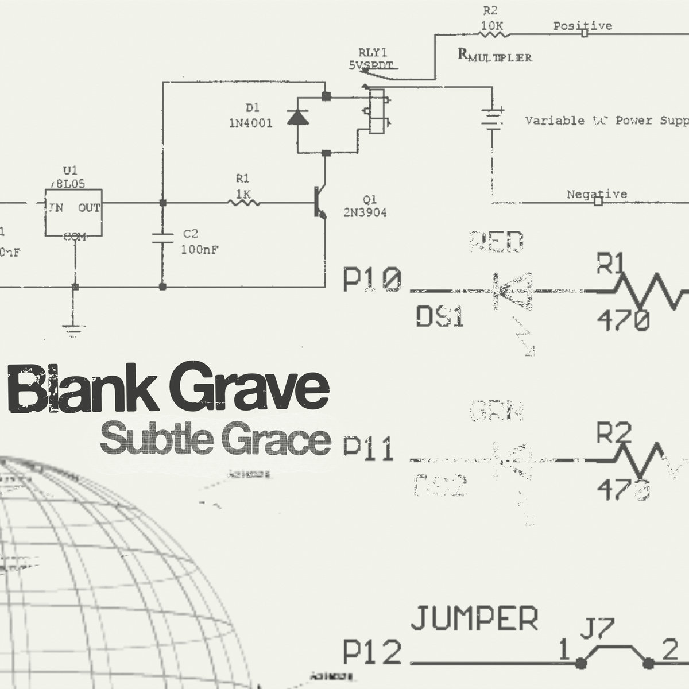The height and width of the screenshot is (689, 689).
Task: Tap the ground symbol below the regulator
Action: (73, 328)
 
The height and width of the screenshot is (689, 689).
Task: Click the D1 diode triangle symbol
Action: (297, 117)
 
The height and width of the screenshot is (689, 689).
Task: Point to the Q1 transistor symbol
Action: (319, 203)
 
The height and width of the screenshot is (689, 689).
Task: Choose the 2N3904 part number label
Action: (365, 213)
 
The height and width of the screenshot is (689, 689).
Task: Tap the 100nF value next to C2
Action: (199, 250)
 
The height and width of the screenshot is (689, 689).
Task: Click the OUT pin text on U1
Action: (89, 207)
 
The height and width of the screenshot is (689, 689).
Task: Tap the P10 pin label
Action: (371, 281)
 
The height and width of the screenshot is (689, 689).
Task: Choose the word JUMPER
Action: (475, 619)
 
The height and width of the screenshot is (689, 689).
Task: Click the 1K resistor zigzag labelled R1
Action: (244, 202)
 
